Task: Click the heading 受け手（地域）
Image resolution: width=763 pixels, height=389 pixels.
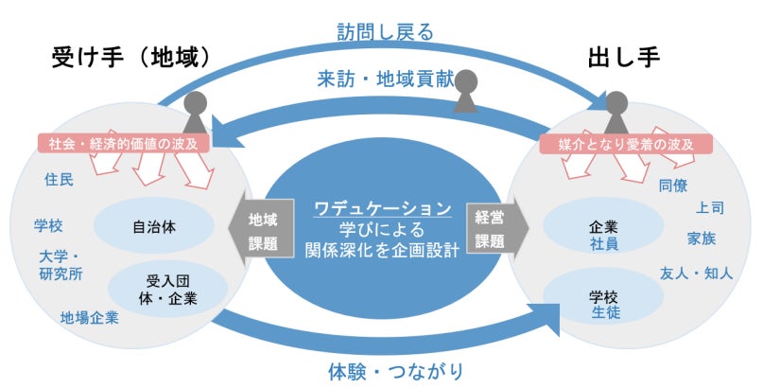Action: [130, 58]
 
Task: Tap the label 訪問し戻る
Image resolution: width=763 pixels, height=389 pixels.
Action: [385, 31]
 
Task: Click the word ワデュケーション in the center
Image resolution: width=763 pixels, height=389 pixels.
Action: [383, 207]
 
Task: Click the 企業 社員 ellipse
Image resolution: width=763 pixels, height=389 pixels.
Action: [602, 236]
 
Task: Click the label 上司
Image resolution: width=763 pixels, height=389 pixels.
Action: [710, 206]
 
